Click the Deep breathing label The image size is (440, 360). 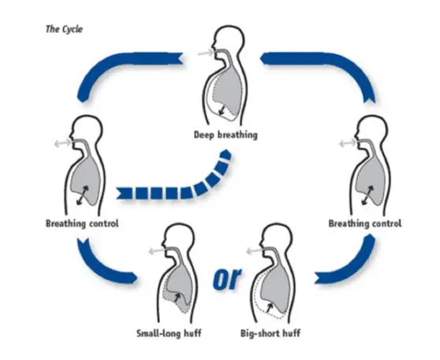pyautogui.click(x=225, y=135)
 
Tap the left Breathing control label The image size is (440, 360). pyautogui.click(x=82, y=224)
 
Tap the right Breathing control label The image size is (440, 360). pyautogui.click(x=364, y=224)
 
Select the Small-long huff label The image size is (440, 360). pyautogui.click(x=170, y=333)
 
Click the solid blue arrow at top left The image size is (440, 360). pyautogui.click(x=126, y=67)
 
